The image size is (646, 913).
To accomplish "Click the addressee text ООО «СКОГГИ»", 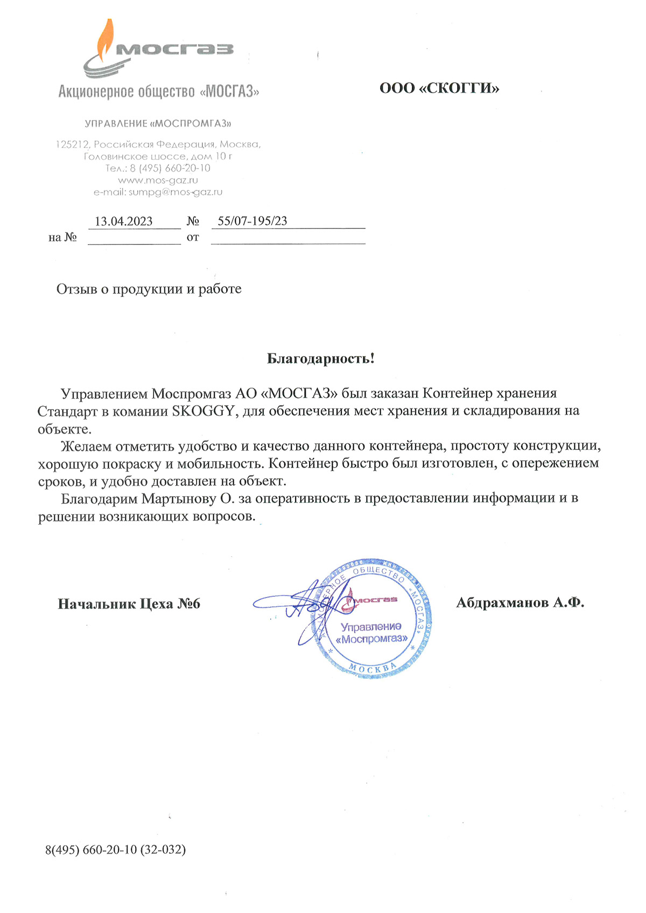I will (439, 88).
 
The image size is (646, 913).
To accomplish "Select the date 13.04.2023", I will (124, 221).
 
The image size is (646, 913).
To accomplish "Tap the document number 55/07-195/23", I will (252, 221).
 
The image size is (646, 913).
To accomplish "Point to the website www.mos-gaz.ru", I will (158, 180).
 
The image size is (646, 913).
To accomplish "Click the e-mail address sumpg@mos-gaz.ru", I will (175, 192).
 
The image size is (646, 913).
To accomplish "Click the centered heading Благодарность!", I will (320, 358).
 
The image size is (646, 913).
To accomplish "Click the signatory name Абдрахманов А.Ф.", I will (520, 603).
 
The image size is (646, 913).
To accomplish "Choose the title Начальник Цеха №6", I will (129, 604).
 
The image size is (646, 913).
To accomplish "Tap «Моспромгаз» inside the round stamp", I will (371, 639).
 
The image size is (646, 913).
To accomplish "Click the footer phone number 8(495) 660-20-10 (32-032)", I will (116, 850).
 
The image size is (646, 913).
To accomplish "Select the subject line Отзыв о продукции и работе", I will (149, 289).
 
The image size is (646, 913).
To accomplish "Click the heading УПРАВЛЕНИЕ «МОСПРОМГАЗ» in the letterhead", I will (158, 124).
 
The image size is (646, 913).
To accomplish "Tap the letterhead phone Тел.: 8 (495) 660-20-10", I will (158, 168).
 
